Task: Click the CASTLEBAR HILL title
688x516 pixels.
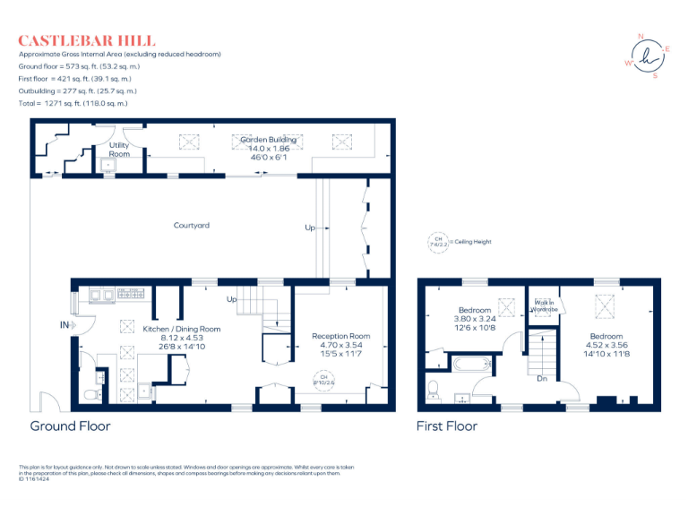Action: pyautogui.click(x=87, y=40)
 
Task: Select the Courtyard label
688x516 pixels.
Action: pyautogui.click(x=192, y=225)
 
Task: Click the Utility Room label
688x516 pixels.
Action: pyautogui.click(x=119, y=149)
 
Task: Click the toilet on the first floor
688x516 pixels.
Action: pyautogui.click(x=433, y=387)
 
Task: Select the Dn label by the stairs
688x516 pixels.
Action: pyautogui.click(x=543, y=377)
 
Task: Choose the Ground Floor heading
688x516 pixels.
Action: pyautogui.click(x=71, y=426)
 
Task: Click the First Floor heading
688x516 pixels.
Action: pyautogui.click(x=447, y=426)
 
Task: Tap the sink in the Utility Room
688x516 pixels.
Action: pyautogui.click(x=109, y=166)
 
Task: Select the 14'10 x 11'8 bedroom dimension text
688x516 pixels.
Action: pyautogui.click(x=606, y=354)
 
